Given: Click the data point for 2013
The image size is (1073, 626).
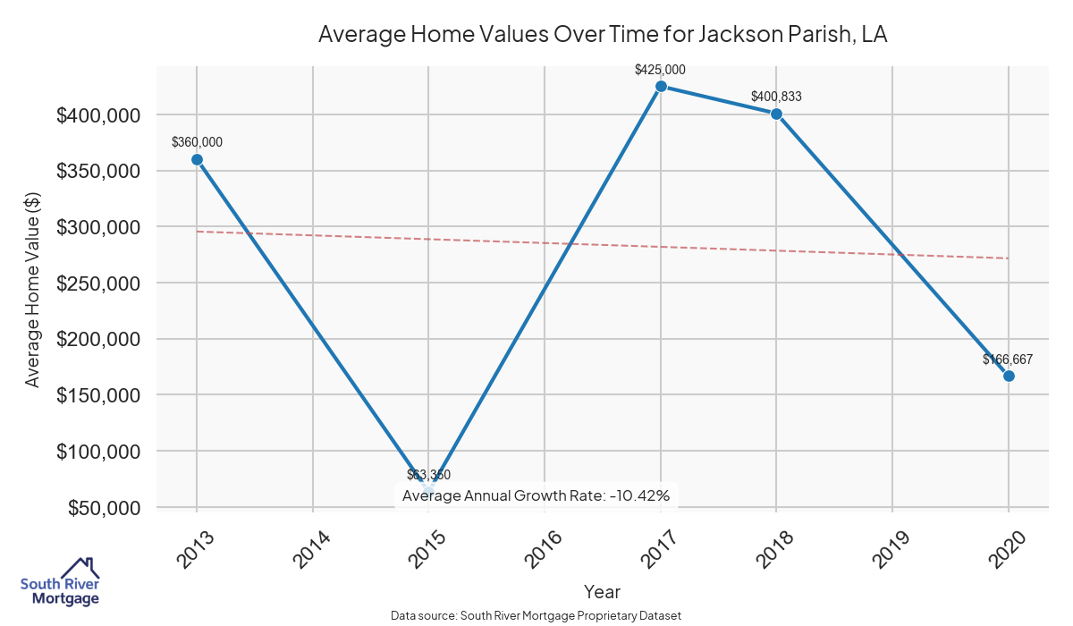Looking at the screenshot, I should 197,160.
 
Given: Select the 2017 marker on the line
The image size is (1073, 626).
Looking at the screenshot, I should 661,87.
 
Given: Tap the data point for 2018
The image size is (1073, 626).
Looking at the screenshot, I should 776,114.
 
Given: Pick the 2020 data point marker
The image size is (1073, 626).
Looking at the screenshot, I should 1009,376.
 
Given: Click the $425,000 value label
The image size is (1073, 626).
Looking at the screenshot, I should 661,69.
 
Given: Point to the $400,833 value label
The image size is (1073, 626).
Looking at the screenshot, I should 776,96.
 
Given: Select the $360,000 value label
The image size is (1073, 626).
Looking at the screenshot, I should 197,142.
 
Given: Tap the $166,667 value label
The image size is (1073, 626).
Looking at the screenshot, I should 1008,360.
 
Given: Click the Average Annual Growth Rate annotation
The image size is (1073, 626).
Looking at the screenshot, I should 536,495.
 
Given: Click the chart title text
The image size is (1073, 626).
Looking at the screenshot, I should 602,35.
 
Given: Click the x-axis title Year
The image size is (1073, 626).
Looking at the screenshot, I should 602,591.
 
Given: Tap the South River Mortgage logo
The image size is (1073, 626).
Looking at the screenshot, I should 60,583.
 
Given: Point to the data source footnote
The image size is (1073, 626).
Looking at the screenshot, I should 536,616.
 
